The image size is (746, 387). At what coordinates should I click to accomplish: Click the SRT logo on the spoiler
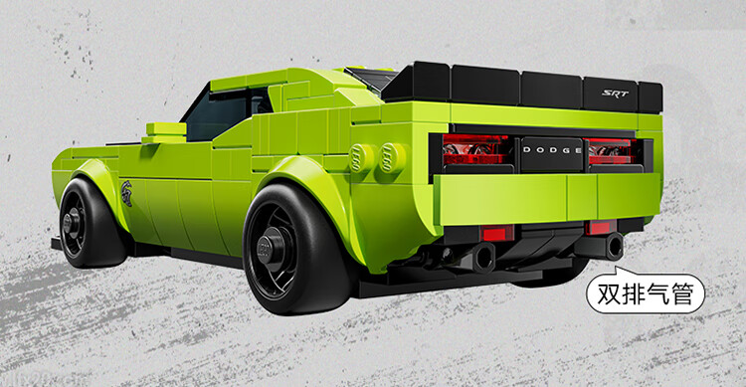click(x=615, y=94)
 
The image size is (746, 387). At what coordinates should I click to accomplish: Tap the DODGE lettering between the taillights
click(x=552, y=150)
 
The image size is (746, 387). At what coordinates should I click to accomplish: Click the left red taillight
click(x=475, y=149)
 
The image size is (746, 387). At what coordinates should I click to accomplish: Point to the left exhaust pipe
click(x=482, y=257)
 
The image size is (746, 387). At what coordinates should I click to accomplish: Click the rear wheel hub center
click(x=272, y=248)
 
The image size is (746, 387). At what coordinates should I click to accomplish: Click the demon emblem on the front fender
click(x=126, y=192)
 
